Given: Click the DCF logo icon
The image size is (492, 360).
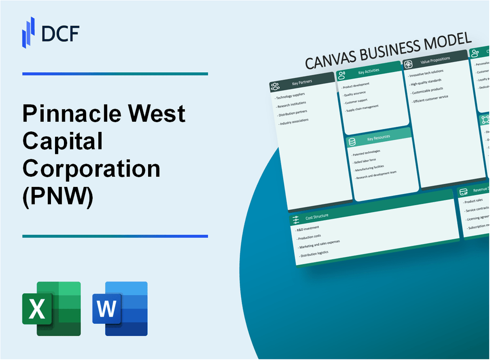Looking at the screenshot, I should point(28,32).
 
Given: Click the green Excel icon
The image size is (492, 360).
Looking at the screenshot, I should point(51,309).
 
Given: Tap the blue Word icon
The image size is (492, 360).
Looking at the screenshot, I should point(120,309).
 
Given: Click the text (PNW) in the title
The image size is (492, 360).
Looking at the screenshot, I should point(58,197).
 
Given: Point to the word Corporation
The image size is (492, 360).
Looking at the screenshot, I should point(91,169).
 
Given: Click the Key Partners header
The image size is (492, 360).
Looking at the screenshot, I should point(302,82).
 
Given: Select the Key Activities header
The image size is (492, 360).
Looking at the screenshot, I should point(369,72).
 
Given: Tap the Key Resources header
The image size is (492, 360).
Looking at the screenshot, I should point(378,138).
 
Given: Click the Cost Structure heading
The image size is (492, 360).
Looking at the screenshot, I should point(317,216).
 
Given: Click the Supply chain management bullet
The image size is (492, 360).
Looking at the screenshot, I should point(362,107).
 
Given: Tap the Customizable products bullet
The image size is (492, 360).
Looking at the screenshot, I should point(427,89).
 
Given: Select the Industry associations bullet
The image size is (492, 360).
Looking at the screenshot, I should point(294,121).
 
